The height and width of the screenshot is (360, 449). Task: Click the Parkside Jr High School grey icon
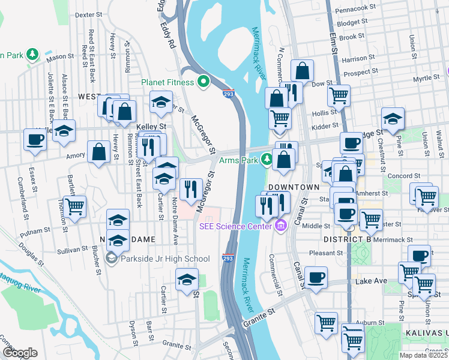coord(111,259)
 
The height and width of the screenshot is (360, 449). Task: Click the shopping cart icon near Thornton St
coord(75,207)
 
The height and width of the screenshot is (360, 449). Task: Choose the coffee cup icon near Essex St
coord(35,140)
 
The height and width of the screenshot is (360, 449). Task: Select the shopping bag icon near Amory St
coord(98,152)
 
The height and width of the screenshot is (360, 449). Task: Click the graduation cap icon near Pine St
coord(393,119)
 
